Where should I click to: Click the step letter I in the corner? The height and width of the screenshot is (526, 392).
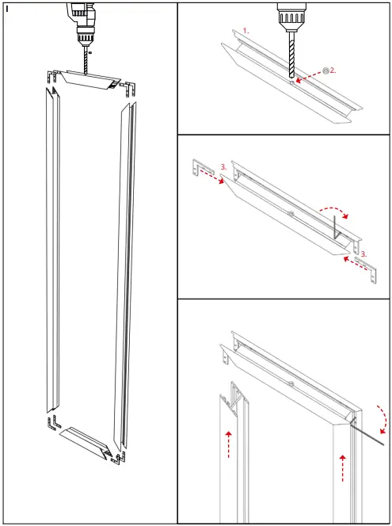point(6,9)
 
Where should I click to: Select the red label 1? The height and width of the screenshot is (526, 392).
point(246,30)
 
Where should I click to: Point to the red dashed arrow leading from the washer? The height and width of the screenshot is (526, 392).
point(309,76)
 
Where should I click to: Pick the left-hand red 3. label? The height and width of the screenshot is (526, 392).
point(225,167)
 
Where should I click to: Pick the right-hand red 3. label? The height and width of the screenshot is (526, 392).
point(363,254)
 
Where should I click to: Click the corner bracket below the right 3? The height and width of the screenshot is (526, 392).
point(368,268)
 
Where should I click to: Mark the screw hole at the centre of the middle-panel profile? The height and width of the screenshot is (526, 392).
point(291,215)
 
